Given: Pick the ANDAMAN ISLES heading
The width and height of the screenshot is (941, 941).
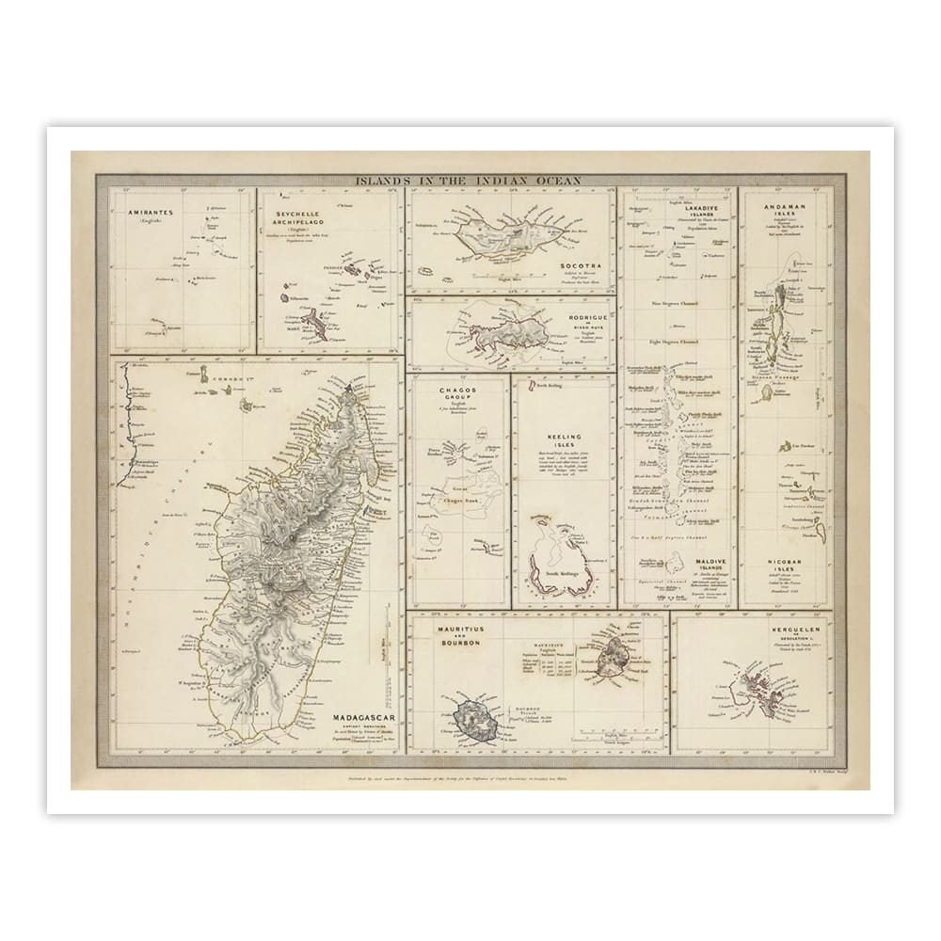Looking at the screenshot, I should [x=784, y=207].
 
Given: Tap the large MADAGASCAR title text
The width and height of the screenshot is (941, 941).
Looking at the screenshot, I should [x=362, y=718].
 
